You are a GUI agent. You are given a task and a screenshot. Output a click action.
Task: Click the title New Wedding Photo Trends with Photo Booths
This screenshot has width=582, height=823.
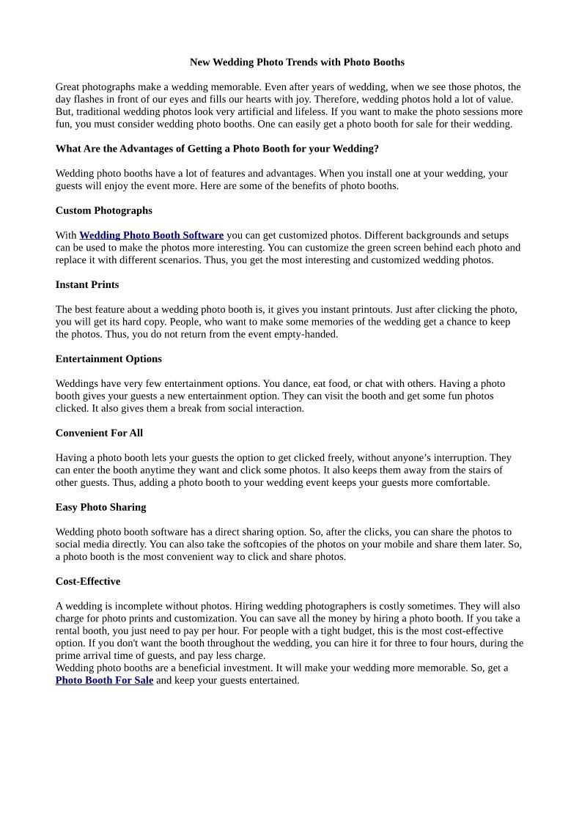click(297, 62)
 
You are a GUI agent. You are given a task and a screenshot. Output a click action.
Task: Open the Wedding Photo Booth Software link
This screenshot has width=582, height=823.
click(151, 235)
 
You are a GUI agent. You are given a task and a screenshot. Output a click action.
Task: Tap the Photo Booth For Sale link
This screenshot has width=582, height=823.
click(104, 680)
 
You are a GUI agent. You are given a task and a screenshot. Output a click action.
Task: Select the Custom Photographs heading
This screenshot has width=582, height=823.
click(103, 210)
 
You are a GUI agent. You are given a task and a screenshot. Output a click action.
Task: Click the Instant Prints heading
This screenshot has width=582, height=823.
click(86, 284)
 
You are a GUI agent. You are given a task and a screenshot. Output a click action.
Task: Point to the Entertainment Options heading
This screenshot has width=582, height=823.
click(108, 358)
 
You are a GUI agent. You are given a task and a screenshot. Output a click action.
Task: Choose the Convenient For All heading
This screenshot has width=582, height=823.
click(99, 433)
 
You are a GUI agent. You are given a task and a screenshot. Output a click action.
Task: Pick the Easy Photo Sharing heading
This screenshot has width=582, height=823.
click(100, 507)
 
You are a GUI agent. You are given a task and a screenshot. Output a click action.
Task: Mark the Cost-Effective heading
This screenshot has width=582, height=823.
click(87, 581)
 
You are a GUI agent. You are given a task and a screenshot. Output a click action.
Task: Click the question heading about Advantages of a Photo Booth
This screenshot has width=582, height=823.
click(217, 149)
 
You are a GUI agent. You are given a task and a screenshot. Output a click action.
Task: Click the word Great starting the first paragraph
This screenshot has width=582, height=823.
click(69, 86)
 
